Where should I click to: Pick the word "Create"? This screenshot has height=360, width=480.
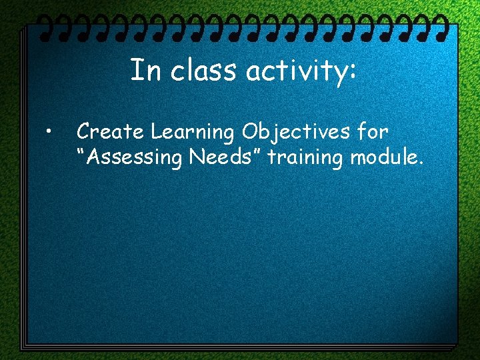tap(108, 132)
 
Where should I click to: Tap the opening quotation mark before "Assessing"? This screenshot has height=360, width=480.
tap(82, 153)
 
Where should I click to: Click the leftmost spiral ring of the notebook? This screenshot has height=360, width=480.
tap(43, 27)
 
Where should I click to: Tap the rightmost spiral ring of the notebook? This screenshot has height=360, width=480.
tap(439, 27)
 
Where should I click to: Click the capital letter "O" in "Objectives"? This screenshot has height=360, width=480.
tap(251, 133)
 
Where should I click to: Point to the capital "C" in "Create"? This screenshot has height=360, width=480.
tap(85, 132)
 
